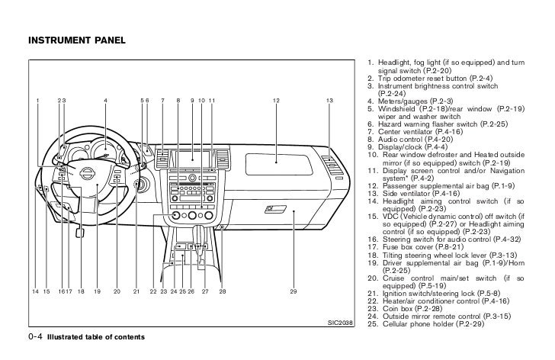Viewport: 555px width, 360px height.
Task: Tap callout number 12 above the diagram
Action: point(276,101)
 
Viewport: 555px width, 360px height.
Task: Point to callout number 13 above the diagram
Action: point(328,101)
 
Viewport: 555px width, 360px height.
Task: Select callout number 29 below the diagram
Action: point(293,292)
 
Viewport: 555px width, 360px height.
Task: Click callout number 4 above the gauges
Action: point(105,101)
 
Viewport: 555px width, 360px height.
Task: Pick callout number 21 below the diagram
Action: point(136,292)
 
